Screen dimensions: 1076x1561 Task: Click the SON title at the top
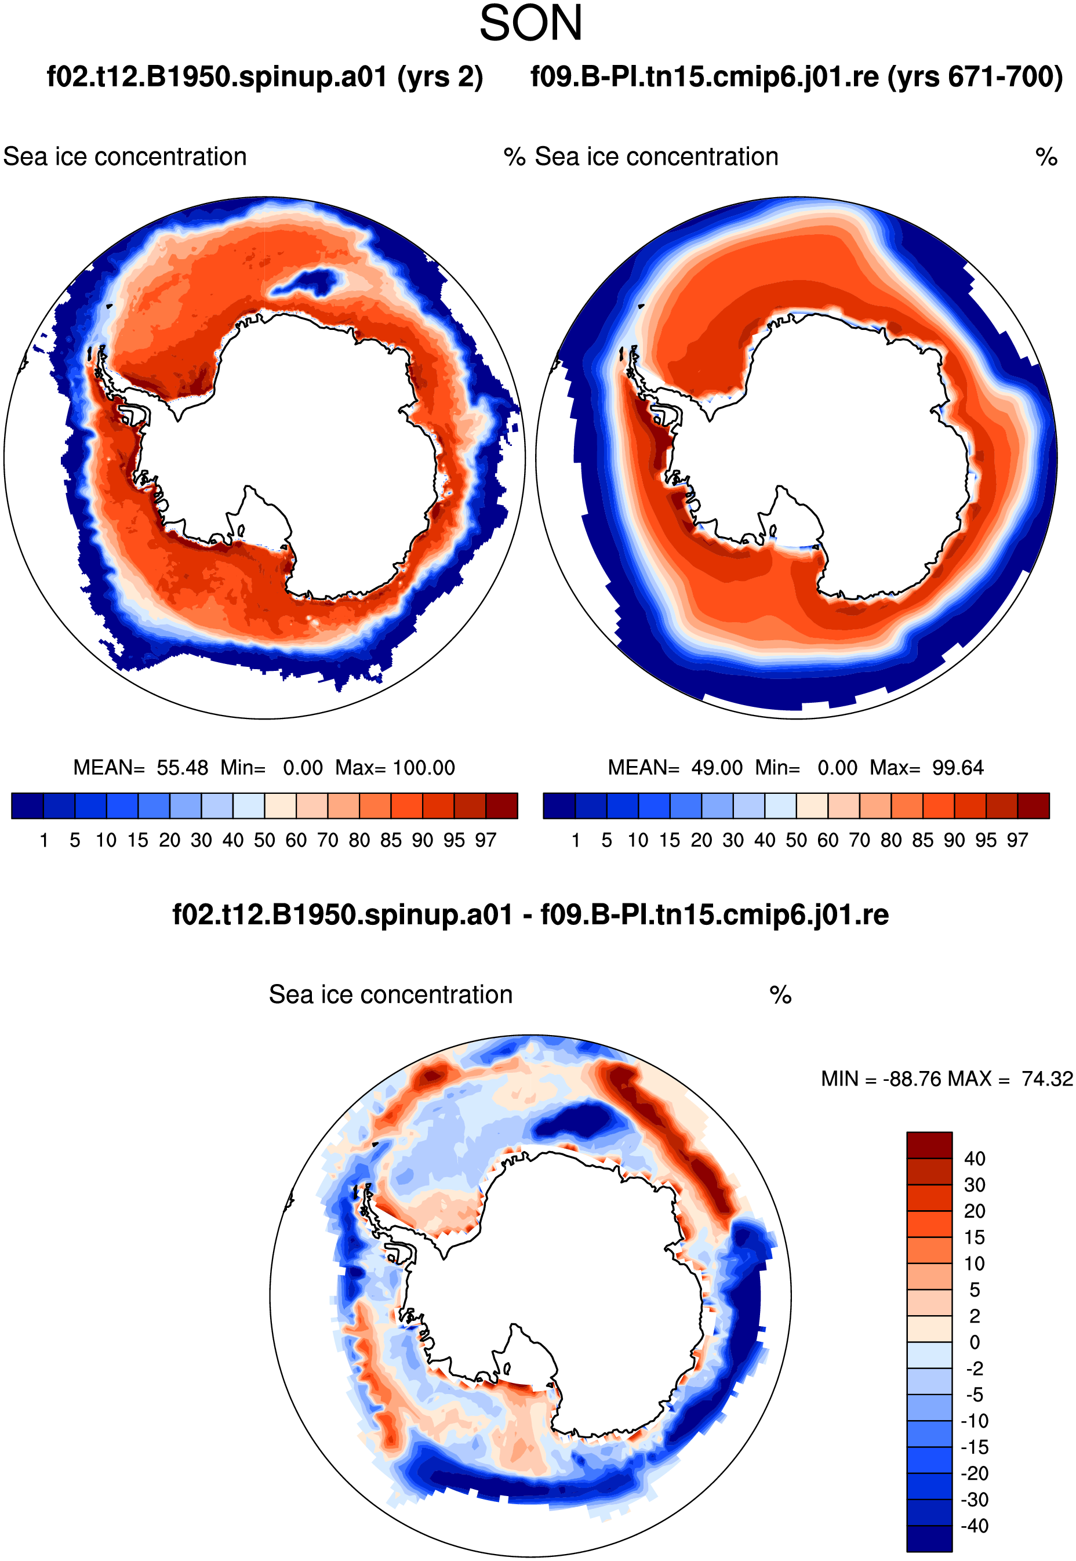pyautogui.click(x=530, y=24)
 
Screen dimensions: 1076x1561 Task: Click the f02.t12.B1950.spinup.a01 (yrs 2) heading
pyautogui.click(x=265, y=77)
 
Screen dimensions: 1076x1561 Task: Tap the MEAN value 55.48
pyautogui.click(x=182, y=767)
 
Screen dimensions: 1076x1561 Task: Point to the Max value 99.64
pyautogui.click(x=957, y=767)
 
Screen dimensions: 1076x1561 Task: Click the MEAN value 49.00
pyautogui.click(x=717, y=767)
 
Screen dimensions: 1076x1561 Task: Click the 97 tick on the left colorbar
pyautogui.click(x=485, y=840)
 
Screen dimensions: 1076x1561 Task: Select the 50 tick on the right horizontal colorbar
pyautogui.click(x=796, y=840)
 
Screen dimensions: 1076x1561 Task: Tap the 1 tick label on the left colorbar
pyautogui.click(x=44, y=840)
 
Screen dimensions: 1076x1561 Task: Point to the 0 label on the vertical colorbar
pyautogui.click(x=974, y=1342)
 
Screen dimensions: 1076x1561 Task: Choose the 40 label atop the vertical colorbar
pyautogui.click(x=974, y=1159)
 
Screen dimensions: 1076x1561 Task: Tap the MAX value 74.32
pyautogui.click(x=1046, y=1079)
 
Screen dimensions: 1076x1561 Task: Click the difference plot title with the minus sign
pyautogui.click(x=530, y=915)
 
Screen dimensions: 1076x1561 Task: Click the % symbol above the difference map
pyautogui.click(x=780, y=994)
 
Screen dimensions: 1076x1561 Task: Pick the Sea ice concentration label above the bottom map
pyautogui.click(x=391, y=994)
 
